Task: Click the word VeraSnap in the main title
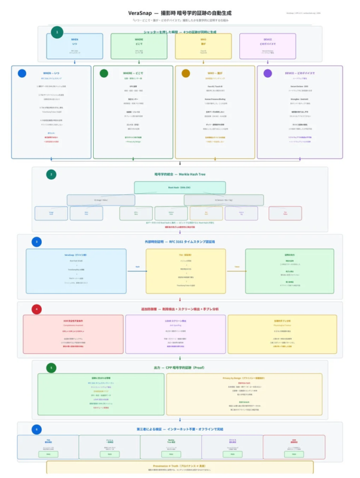tap(139, 13)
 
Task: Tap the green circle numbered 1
tap(57, 32)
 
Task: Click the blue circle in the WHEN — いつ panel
tap(22, 73)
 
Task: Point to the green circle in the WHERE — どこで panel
tap(104, 73)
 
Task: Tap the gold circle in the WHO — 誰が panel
tap(186, 73)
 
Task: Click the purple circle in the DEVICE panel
tap(267, 73)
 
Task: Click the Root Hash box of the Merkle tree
tap(180, 187)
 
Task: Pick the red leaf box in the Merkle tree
tap(285, 213)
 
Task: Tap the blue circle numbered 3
tap(37, 242)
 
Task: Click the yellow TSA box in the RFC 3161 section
tap(186, 271)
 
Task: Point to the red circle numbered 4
tap(37, 309)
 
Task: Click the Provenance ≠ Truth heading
tap(180, 466)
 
